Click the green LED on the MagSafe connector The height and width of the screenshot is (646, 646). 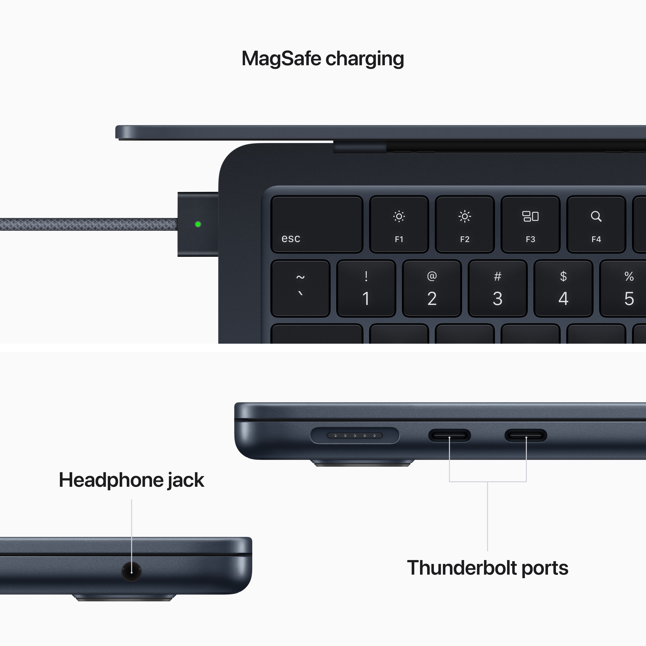pos(198,224)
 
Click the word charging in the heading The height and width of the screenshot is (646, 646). pos(365,59)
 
